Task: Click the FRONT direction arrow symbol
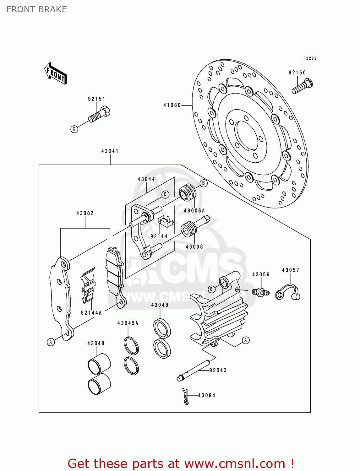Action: (x=56, y=73)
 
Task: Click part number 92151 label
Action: (x=96, y=99)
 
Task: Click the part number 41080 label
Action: (x=172, y=105)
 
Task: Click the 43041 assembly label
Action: (x=110, y=151)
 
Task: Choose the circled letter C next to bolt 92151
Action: (x=74, y=129)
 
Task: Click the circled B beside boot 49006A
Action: (x=204, y=183)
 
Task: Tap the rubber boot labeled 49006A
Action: (x=188, y=192)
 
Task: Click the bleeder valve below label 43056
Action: (x=260, y=292)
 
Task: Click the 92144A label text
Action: (x=91, y=313)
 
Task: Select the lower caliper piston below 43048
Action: (x=99, y=384)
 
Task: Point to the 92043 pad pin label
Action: (x=218, y=370)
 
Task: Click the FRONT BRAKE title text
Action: (x=37, y=9)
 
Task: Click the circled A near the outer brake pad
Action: (x=51, y=342)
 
